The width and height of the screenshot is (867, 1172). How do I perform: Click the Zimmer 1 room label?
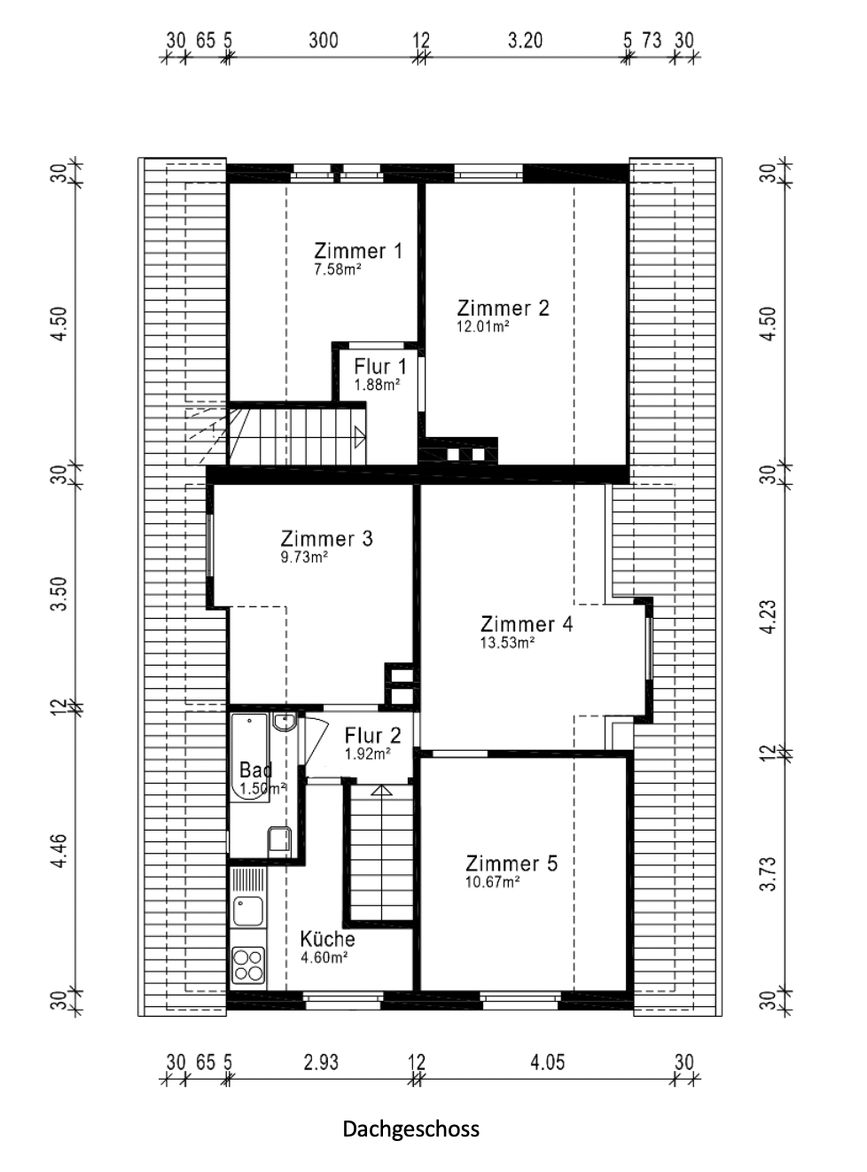coord(358,251)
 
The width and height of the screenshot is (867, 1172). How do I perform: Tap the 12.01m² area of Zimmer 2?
coord(482,326)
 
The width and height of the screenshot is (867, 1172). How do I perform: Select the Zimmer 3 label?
coord(326,538)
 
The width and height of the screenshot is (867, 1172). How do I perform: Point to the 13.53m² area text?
coord(507,643)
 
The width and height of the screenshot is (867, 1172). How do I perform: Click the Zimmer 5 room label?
coord(511,863)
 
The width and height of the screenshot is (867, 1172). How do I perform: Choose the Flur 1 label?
coord(380,366)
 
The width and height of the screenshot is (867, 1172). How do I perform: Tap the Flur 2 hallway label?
coord(372,735)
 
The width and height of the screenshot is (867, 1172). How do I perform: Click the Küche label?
coord(327,939)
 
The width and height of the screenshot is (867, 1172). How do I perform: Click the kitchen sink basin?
coord(248,911)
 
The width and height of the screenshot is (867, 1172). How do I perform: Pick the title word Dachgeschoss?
coord(411,1129)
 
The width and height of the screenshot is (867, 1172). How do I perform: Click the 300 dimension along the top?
coord(324,40)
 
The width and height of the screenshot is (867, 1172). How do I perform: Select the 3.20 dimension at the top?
coord(525,40)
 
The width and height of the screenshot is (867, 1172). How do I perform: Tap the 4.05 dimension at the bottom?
coord(547,1062)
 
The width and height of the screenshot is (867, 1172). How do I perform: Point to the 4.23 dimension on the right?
coord(769,617)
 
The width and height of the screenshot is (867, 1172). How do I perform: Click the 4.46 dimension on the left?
coord(59,850)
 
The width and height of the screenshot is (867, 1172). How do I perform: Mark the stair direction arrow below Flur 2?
coord(381,790)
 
